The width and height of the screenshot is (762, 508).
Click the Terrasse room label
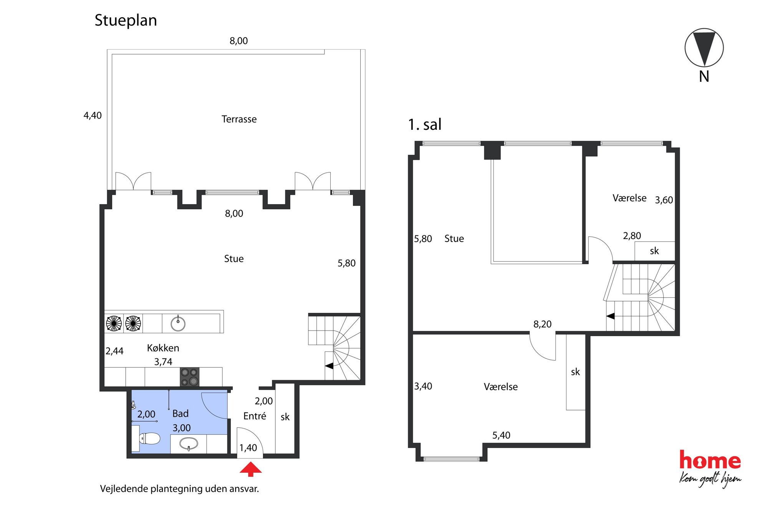click(x=239, y=119)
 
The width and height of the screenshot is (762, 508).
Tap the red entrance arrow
click(x=251, y=469)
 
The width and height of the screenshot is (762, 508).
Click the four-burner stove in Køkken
click(x=189, y=377)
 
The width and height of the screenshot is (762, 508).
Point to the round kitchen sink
click(x=178, y=323)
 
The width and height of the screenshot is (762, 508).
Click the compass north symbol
click(x=704, y=48)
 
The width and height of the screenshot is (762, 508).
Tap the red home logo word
click(x=710, y=460)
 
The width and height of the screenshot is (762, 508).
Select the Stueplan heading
click(x=126, y=20)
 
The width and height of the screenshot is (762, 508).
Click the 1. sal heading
click(x=425, y=124)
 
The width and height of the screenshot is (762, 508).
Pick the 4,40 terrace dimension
click(x=93, y=115)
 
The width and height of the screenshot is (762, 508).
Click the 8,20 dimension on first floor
click(x=542, y=324)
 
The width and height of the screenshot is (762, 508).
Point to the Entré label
click(x=255, y=416)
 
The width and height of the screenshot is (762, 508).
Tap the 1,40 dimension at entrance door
click(x=248, y=448)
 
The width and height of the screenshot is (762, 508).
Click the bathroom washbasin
click(x=189, y=444)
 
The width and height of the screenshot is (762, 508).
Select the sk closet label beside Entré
click(x=285, y=417)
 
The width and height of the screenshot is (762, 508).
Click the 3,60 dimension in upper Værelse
click(x=664, y=200)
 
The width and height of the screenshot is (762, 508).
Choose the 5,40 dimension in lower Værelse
click(x=501, y=435)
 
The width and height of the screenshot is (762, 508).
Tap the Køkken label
click(x=163, y=348)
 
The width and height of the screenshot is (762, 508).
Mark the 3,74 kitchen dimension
click(x=163, y=362)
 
